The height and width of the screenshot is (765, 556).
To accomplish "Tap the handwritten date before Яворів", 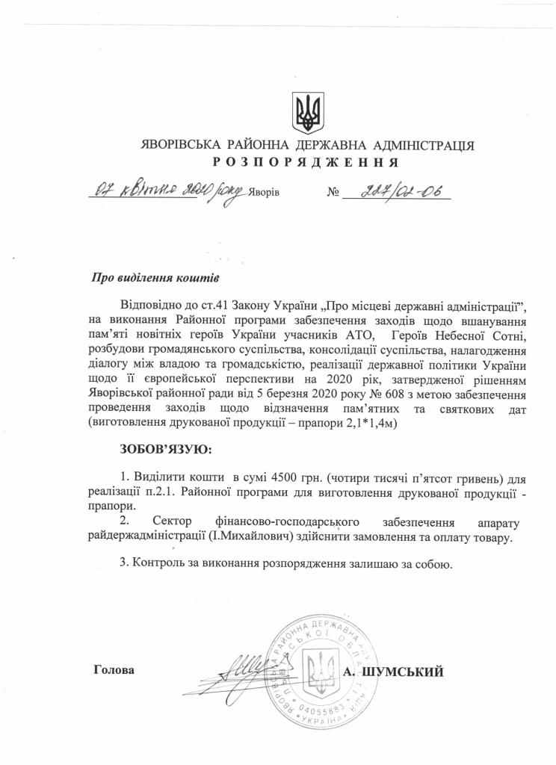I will point(166,190).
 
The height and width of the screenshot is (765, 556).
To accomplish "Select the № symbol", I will point(333,193).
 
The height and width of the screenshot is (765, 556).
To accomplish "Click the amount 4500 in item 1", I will point(274,477).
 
